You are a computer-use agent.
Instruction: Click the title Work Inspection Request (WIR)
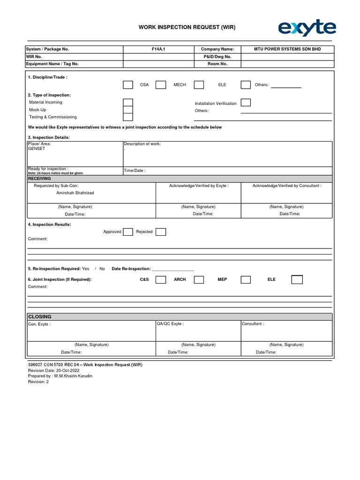point(187,28)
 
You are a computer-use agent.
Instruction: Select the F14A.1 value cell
point(158,49)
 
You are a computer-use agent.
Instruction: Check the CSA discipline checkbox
point(128,85)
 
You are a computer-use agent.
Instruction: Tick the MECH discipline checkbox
point(161,85)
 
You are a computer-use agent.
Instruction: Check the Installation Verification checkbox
point(246,103)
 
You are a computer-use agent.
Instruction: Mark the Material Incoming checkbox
point(128,102)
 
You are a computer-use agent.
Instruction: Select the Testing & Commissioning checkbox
point(128,117)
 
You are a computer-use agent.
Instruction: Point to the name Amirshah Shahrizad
point(75,193)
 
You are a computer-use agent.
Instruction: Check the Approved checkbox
point(128,232)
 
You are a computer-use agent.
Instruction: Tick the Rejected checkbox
point(161,232)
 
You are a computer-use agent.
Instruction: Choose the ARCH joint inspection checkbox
point(199,280)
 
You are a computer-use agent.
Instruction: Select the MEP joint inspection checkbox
point(246,280)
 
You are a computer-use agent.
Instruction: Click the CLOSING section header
point(40,317)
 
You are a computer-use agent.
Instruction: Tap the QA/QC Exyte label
point(170,324)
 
